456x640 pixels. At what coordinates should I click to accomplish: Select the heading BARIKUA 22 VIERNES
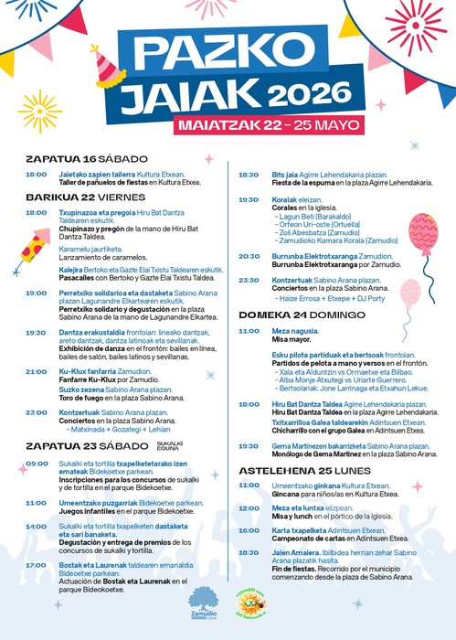tap(75, 197)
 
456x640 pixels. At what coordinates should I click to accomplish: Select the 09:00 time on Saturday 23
tap(37, 464)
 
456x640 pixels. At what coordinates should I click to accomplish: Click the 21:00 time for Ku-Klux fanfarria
tap(37, 371)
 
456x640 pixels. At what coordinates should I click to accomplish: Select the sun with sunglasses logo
tap(249, 604)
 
